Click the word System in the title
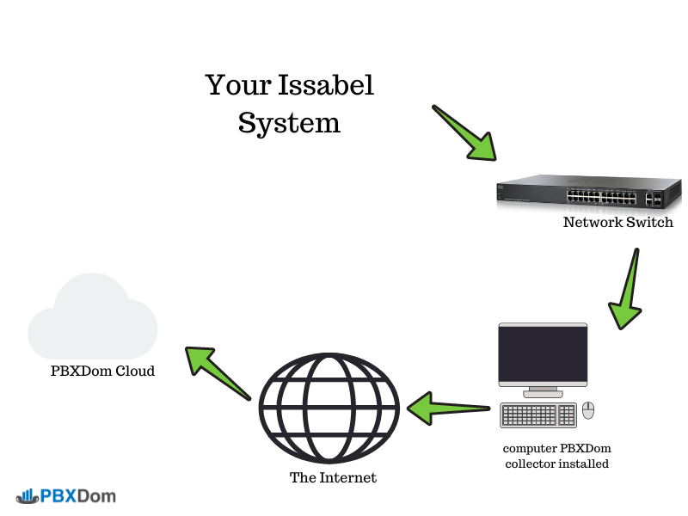point(289,123)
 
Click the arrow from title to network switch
point(464,133)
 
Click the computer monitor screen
point(543,355)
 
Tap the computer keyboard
point(538,415)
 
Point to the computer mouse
point(588,410)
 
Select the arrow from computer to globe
point(447,405)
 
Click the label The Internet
point(333,477)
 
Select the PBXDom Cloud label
point(102,372)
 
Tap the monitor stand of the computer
point(543,392)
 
